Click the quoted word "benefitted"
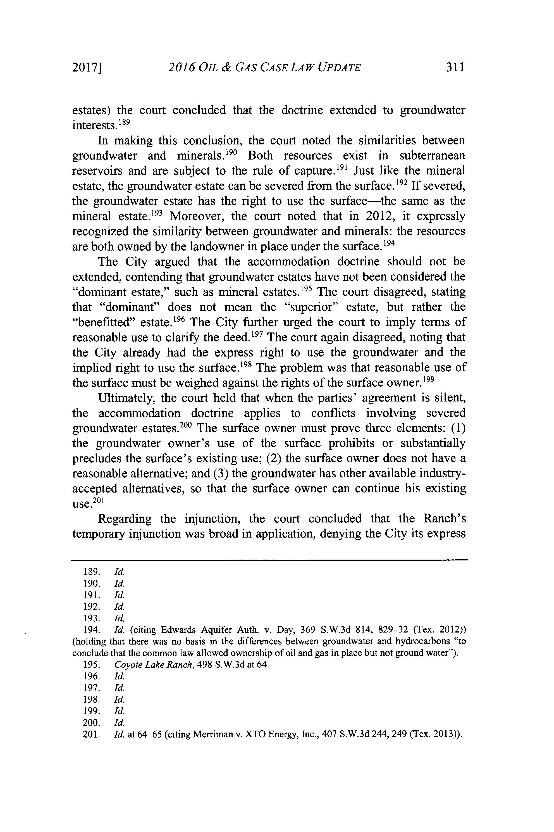click(x=104, y=322)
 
